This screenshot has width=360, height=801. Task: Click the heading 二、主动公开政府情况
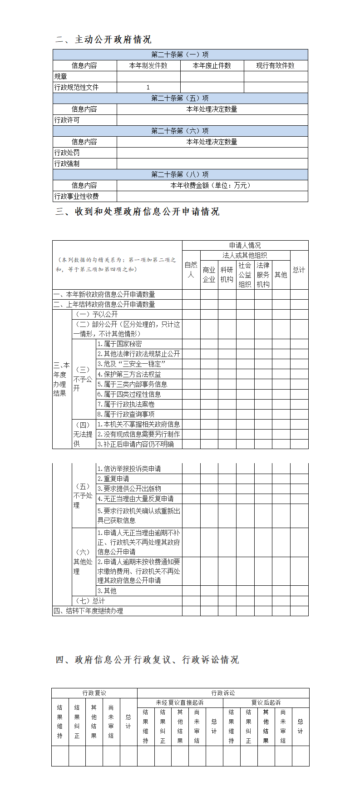coord(104,40)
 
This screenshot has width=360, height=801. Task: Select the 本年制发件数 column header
coord(148,65)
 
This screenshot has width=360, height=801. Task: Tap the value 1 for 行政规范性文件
coord(148,87)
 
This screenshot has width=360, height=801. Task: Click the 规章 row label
coord(61,76)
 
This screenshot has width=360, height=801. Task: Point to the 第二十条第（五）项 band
coord(180,98)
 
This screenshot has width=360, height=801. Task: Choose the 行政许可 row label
coord(67,120)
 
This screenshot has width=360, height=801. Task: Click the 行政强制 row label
coord(67,163)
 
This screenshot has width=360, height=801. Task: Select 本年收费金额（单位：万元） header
coord(212,185)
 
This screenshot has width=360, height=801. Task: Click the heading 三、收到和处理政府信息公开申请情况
coord(138,212)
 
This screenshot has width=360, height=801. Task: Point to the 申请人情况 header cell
coord(245,245)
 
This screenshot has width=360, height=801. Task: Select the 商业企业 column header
coord(209,275)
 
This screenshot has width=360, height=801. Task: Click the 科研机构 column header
coord(227,275)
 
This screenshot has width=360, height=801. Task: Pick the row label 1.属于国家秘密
coord(119,344)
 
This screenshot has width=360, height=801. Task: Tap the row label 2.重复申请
coord(113,479)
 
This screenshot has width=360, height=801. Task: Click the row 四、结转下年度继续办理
coord(89,611)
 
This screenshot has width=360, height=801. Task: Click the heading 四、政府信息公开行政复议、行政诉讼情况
coord(147,660)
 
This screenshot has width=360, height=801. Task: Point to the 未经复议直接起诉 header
coord(180,702)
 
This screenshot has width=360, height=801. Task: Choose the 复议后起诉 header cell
coord(266,702)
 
